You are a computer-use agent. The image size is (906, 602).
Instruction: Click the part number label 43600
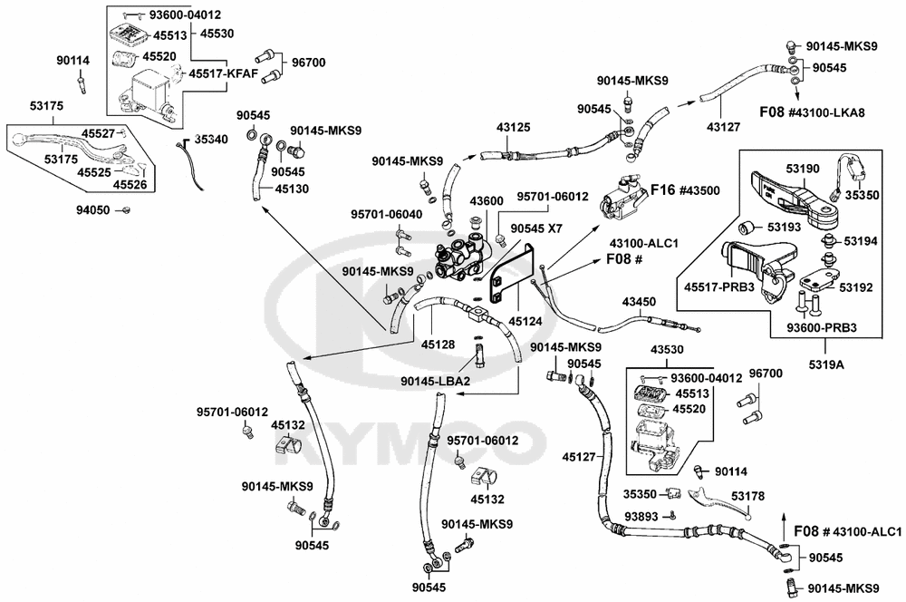click(487, 201)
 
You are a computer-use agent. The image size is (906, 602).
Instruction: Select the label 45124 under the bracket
click(525, 321)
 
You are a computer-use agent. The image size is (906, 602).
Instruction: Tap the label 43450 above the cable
click(639, 302)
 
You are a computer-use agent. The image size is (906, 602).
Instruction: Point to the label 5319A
click(826, 364)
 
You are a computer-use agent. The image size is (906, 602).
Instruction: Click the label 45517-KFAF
click(224, 74)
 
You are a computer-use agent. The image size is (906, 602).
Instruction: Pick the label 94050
click(93, 210)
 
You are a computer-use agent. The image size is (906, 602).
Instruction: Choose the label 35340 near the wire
click(211, 140)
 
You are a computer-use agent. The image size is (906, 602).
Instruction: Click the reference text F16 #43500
click(685, 190)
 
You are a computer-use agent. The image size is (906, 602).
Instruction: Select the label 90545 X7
click(536, 229)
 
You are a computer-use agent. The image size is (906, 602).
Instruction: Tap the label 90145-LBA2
click(436, 381)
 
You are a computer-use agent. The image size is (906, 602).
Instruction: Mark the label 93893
click(641, 516)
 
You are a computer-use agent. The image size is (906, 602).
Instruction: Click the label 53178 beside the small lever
click(747, 496)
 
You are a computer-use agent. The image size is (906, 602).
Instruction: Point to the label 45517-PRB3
click(719, 286)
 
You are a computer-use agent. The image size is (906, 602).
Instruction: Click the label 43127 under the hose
click(723, 127)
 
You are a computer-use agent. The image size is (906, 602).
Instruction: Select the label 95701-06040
click(387, 215)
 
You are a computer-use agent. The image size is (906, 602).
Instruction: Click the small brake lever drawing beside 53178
click(719, 500)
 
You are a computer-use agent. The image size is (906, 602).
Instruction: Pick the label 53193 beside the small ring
click(784, 228)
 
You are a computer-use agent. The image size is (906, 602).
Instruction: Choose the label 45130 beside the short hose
click(292, 189)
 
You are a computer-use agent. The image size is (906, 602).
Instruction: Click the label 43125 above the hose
click(513, 127)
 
